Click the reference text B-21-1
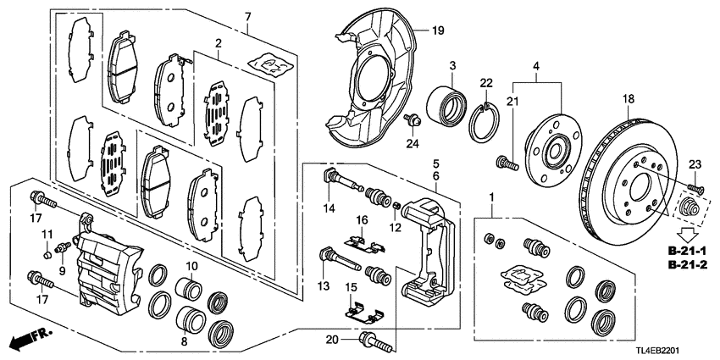pyautogui.click(x=688, y=252)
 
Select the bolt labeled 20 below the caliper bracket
pyautogui.click(x=376, y=343)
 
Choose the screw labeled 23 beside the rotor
pyautogui.click(x=695, y=187)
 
